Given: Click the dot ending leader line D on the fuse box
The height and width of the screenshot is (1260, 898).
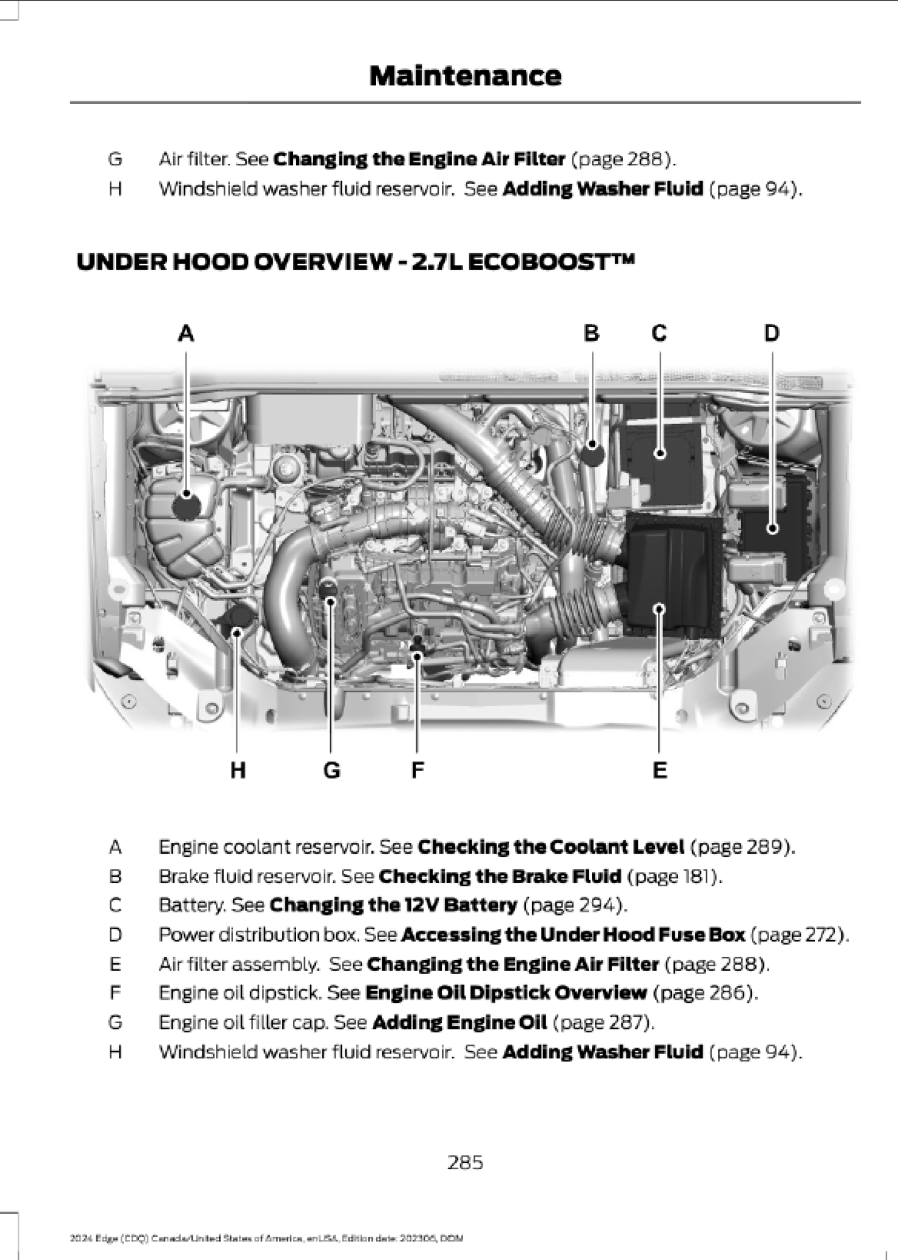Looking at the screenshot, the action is pyautogui.click(x=773, y=529).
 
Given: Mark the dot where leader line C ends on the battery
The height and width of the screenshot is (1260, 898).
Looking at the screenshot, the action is pyautogui.click(x=660, y=453).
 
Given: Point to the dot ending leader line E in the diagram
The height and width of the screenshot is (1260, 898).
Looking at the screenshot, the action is pyautogui.click(x=659, y=608).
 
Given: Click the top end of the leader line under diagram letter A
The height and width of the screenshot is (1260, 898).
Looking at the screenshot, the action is pyautogui.click(x=186, y=352).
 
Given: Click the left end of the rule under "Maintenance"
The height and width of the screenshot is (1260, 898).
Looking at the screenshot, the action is pyautogui.click(x=70, y=102).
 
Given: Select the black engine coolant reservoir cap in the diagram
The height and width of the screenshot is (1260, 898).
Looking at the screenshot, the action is pyautogui.click(x=186, y=506).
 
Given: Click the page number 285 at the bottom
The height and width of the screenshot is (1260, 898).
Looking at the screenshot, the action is pyautogui.click(x=465, y=1162).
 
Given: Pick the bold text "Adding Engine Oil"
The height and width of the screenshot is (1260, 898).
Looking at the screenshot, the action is pyautogui.click(x=460, y=1022).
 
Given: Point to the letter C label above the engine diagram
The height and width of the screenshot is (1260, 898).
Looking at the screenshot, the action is pyautogui.click(x=659, y=333).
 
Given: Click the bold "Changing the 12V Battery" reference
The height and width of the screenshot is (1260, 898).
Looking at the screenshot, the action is pyautogui.click(x=394, y=905).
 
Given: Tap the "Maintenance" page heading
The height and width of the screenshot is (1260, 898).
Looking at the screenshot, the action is pyautogui.click(x=465, y=76).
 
